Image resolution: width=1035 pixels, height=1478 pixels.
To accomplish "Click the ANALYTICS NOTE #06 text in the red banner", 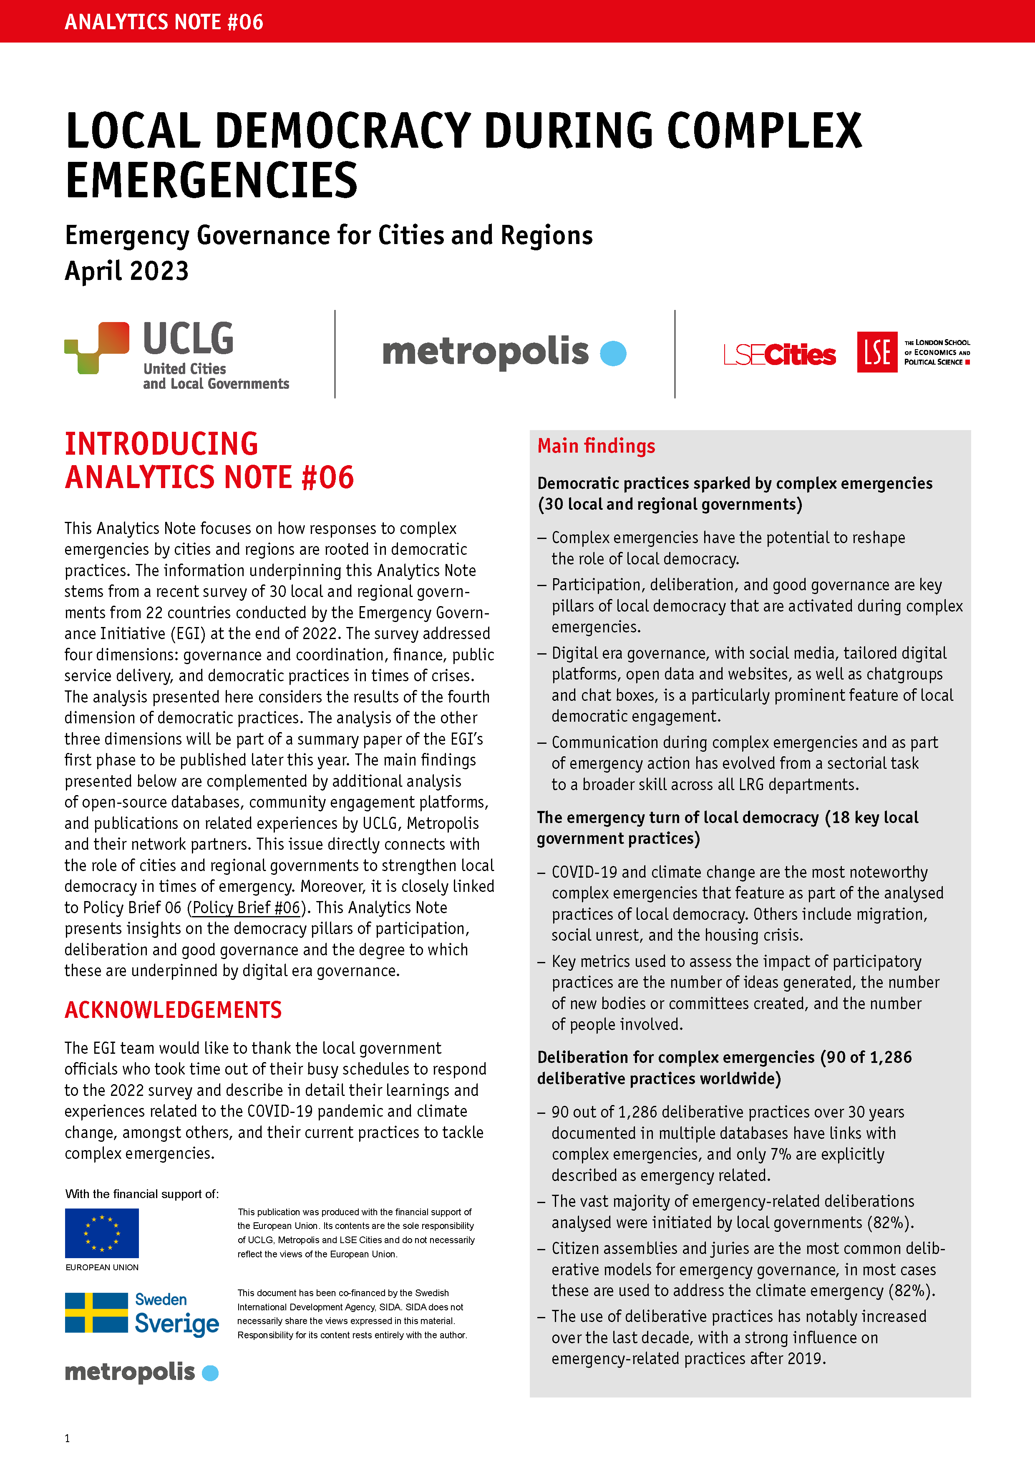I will pos(164,22).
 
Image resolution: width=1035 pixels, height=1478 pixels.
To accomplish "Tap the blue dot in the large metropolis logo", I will pos(613,353).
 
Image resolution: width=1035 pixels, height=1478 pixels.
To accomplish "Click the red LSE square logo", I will pos(876,352).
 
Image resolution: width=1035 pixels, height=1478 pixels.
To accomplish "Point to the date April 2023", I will pos(127,271).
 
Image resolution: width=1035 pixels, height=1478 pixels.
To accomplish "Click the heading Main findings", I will pos(596,446).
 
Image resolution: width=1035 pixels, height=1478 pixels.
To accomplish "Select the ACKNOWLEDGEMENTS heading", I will pos(173,1010).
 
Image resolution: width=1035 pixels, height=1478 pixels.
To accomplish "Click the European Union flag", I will pos(102,1233).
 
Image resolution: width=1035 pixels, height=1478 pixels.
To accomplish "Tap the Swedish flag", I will pos(96,1312).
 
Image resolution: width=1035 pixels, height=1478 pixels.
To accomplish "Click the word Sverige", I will pos(177,1324).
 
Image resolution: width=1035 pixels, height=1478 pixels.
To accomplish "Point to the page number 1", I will pos(67,1438).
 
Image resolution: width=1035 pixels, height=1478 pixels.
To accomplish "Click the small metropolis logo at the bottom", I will pos(141,1372).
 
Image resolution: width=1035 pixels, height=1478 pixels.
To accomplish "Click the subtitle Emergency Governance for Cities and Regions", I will pos(329,236).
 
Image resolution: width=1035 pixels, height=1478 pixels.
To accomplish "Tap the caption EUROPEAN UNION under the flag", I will pos(102,1267).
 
